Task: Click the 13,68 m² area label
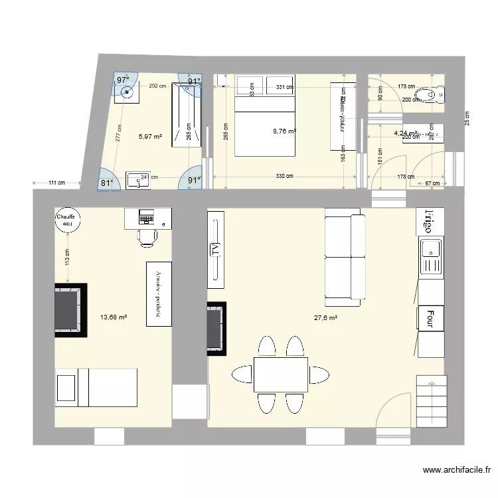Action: tap(113, 318)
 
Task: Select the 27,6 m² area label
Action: tap(325, 318)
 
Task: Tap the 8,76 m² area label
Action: tap(285, 131)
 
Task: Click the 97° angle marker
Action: tap(123, 80)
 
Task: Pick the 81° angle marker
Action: tap(107, 182)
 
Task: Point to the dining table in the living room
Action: tap(281, 374)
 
